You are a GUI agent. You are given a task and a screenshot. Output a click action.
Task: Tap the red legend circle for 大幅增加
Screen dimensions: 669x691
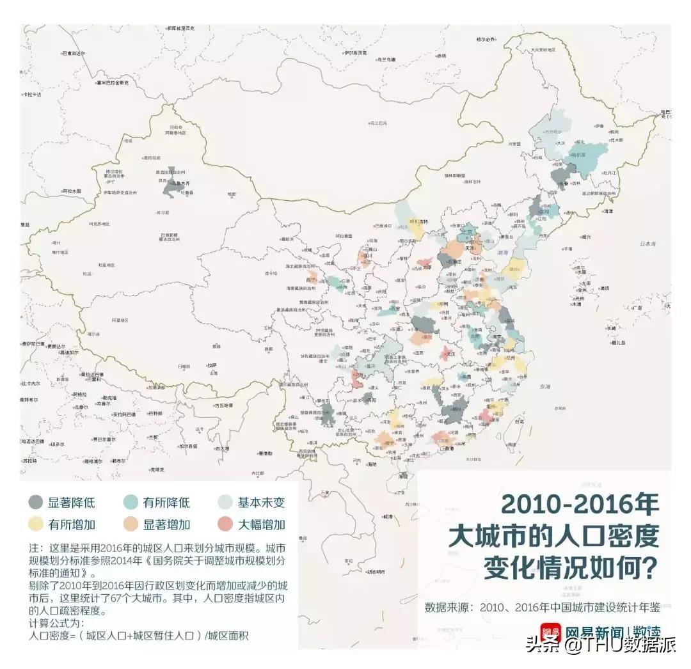[x=226, y=524]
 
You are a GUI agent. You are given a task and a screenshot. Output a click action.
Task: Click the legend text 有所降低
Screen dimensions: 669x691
[x=166, y=502]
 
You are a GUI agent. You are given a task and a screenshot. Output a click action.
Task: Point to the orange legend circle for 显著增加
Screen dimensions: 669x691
[x=132, y=524]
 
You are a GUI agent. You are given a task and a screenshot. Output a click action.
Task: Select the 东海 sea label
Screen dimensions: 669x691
[x=544, y=386]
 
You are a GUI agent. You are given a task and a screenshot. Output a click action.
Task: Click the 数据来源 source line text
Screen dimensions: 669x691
[x=542, y=606]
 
